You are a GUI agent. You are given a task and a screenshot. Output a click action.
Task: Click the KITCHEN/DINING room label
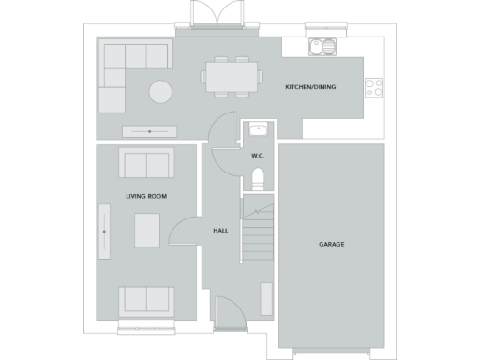pos(310,87)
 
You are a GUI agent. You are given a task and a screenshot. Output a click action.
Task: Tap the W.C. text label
pos(259,155)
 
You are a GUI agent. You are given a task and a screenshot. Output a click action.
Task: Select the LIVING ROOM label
pos(145,196)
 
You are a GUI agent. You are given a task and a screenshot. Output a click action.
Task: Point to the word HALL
pos(220,230)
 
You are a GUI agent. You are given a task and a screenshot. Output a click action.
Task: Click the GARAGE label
pos(331,244)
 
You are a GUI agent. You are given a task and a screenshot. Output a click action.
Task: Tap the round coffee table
pos(160,92)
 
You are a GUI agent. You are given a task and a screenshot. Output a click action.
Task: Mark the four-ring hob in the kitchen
pos(374,87)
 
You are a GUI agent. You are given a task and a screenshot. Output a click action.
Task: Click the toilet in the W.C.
pos(260,178)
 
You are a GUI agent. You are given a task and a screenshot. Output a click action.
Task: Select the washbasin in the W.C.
pos(259,130)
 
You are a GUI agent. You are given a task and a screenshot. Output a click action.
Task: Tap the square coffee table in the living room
pos(146,231)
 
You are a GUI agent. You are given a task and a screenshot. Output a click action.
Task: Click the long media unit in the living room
pos(103,231)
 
